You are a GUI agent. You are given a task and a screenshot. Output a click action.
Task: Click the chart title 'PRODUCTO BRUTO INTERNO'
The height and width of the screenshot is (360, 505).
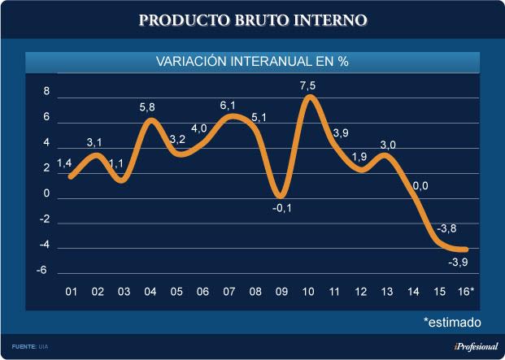click(252, 19)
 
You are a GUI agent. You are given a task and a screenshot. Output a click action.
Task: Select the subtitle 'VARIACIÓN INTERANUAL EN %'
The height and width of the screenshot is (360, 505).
click(252, 62)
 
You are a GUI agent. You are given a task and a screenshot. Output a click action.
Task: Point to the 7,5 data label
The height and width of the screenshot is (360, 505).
click(308, 86)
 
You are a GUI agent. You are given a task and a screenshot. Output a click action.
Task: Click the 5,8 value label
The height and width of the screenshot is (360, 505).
click(150, 107)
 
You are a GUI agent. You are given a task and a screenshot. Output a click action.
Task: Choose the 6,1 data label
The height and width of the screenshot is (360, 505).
click(229, 106)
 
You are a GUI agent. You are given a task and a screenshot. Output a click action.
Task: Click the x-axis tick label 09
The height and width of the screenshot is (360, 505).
click(281, 291)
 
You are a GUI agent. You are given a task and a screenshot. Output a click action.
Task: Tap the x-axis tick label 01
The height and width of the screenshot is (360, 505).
click(72, 291)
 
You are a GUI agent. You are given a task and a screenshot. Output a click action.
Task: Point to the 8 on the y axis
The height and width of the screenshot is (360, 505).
click(47, 92)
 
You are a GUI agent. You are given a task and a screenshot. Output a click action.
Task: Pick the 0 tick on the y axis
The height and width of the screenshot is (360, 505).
click(47, 194)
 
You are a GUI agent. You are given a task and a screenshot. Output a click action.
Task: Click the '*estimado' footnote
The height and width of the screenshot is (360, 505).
click(452, 322)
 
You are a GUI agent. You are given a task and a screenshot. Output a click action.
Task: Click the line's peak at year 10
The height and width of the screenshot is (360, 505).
click(309, 98)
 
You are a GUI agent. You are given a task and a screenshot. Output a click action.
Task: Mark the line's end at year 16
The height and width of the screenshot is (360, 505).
click(466, 249)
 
